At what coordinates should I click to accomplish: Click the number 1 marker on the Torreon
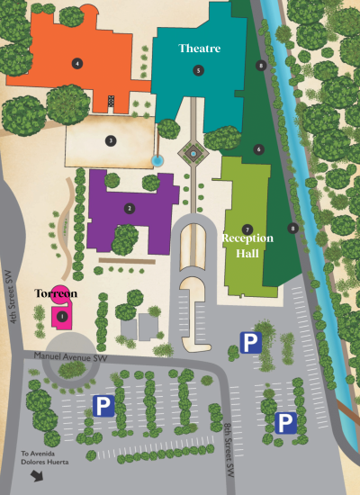click(62, 316)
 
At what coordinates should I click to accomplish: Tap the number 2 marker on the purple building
click(130, 208)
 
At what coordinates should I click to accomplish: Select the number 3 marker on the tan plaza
click(111, 140)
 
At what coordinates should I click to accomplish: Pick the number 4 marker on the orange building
click(78, 63)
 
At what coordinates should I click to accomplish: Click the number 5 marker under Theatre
click(198, 69)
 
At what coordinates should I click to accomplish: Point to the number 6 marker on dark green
click(258, 149)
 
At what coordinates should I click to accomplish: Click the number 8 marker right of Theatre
click(260, 65)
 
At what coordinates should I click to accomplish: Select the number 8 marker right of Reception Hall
click(292, 228)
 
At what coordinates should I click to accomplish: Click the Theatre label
click(199, 48)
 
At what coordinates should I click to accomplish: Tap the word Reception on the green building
click(247, 238)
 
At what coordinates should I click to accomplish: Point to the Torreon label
click(56, 294)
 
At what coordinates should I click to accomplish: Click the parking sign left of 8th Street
click(104, 407)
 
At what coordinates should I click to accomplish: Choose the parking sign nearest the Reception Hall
click(249, 341)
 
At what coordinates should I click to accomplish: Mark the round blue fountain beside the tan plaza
click(157, 160)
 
